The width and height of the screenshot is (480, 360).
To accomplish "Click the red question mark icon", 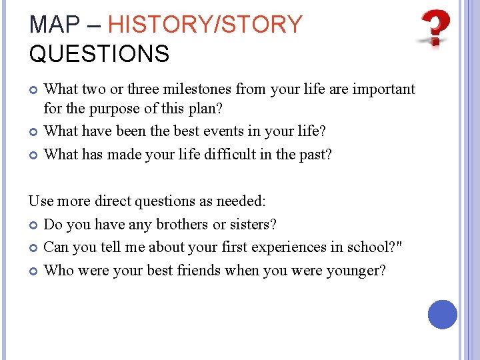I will (435, 28).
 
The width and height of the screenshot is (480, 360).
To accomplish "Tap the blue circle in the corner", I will (442, 315).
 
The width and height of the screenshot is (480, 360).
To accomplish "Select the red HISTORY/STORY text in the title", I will (205, 25).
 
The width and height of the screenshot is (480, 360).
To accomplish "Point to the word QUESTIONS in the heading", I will (99, 54).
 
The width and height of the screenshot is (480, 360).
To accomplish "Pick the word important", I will (383, 89).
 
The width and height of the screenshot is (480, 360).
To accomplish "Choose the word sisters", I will (255, 225).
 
